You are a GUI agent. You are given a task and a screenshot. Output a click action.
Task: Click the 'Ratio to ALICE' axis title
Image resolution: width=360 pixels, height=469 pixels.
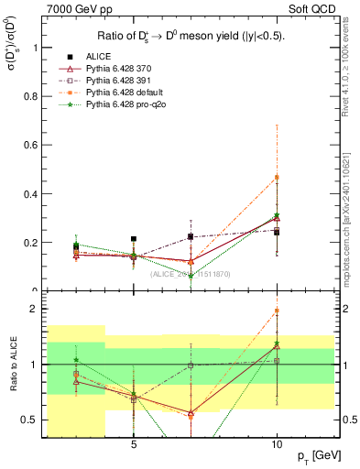point(12,365)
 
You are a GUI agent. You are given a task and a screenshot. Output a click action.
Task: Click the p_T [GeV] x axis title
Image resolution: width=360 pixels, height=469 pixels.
point(315,456)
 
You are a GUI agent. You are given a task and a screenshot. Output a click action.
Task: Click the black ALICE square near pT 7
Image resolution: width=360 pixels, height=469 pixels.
point(191,236)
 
